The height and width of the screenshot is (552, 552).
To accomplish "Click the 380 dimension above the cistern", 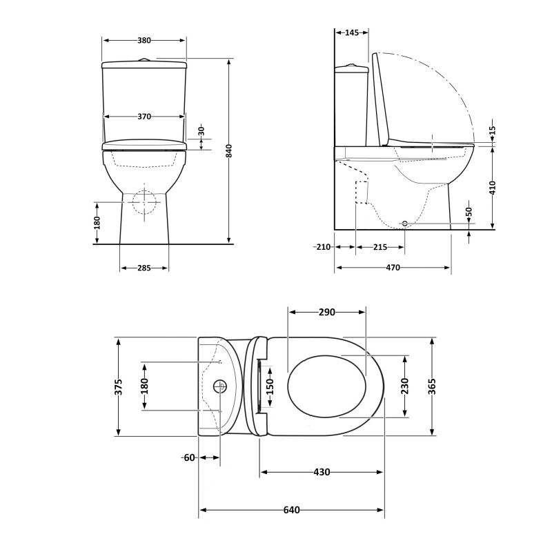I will tap(144, 41).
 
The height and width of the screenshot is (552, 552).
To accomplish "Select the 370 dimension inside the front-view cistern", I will tap(144, 117).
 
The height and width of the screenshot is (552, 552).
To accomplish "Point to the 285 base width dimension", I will tap(144, 268).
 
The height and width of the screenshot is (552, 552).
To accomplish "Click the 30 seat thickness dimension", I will tap(201, 130).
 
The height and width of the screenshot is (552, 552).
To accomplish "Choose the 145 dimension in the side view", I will tap(351, 32).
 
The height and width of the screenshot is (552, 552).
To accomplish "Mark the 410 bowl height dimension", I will tap(492, 188).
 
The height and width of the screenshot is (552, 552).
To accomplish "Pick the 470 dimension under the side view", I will tap(393, 268).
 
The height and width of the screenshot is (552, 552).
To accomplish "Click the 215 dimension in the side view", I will tap(379, 247).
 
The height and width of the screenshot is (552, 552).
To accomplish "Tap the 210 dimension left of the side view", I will tap(322, 247).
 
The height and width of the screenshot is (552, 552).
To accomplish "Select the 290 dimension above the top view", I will tap(326, 313).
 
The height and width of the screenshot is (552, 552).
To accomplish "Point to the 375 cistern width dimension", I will tap(119, 386).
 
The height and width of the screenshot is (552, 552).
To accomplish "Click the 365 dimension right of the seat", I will tap(432, 386).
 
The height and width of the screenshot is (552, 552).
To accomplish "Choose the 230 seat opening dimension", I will tap(404, 386).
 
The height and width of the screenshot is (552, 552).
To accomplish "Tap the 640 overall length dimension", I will tap(291, 511).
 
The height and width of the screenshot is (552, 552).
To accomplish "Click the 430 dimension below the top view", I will tap(322, 473).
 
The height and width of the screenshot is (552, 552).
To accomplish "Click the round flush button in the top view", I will tap(221, 386).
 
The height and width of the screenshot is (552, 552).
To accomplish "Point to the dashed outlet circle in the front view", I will tap(144, 201).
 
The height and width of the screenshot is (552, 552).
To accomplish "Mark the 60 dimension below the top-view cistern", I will tap(190, 457).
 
